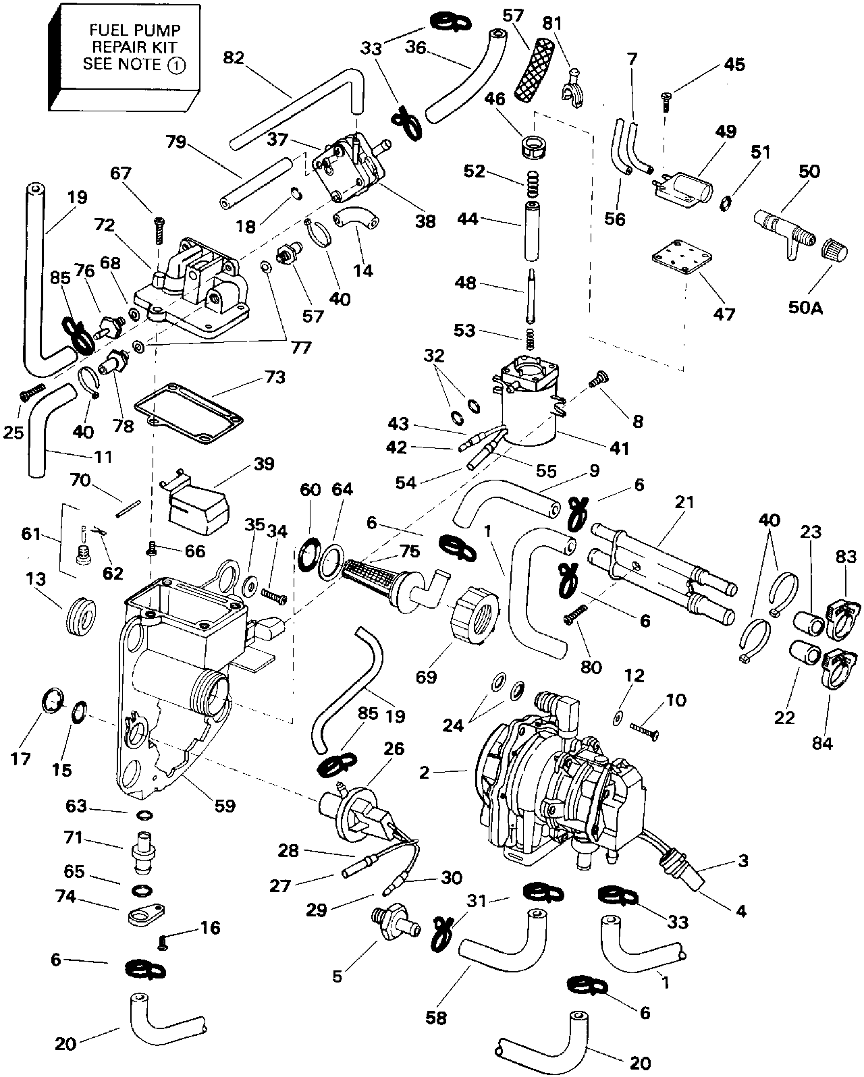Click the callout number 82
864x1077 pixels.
coord(234,58)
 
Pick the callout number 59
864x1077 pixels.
coord(225,805)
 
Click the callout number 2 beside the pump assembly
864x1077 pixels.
coord(425,773)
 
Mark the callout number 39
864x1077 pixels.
coord(264,464)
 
